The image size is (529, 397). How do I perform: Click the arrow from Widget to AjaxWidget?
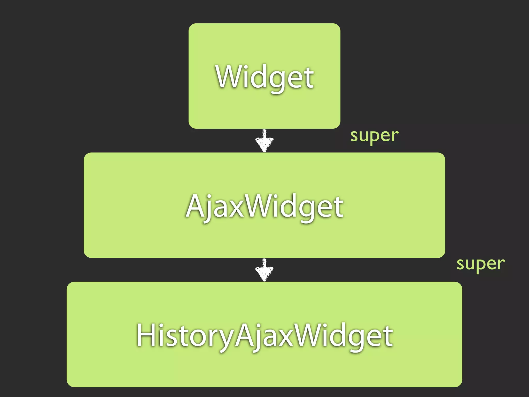tap(264, 141)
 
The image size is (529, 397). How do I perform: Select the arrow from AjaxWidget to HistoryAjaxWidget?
tap(264, 270)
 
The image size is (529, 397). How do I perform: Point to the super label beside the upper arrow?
tap(374, 136)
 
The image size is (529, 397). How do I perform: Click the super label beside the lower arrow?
tap(480, 264)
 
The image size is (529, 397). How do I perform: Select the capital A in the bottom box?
tap(245, 335)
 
